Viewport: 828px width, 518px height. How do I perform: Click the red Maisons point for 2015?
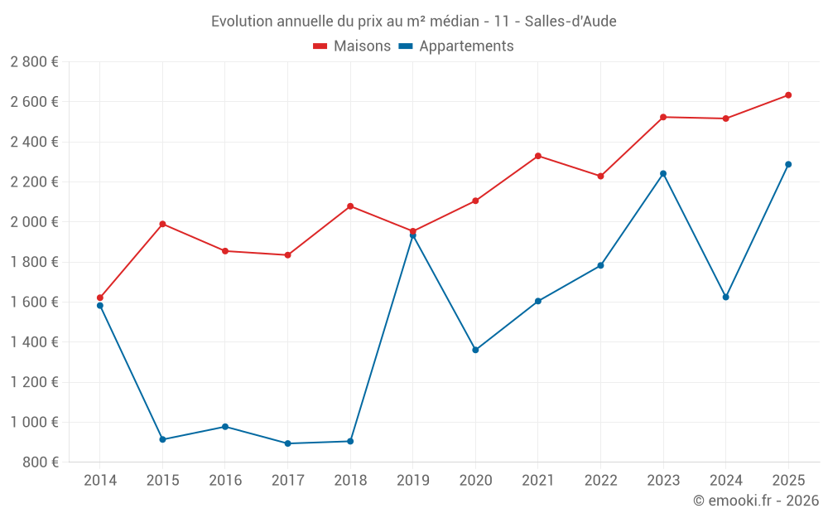[162, 224]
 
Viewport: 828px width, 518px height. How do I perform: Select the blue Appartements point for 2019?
[412, 236]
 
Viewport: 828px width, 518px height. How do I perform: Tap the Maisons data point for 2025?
[788, 95]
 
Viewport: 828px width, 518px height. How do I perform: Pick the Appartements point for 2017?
[287, 443]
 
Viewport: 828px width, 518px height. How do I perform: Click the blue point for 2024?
[725, 297]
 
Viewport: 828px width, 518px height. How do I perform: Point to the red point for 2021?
[537, 156]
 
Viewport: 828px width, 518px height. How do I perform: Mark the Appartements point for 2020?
[475, 350]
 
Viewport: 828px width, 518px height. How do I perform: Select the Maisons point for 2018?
[350, 206]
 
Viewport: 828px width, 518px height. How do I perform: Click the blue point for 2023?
[663, 173]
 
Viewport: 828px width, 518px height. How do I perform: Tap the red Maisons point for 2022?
[600, 176]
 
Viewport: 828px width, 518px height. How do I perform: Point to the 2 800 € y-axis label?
[34, 62]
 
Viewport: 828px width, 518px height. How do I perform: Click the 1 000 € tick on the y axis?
[34, 422]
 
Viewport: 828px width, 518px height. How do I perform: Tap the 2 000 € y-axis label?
[34, 222]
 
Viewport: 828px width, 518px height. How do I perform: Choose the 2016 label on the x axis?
[225, 481]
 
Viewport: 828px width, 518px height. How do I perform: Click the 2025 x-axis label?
[788, 481]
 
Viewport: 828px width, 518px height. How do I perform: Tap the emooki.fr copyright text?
[756, 501]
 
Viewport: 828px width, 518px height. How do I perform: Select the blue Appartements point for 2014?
[100, 306]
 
